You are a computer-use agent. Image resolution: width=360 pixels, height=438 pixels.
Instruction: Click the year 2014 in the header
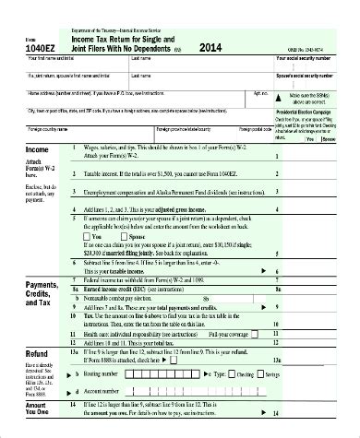211,47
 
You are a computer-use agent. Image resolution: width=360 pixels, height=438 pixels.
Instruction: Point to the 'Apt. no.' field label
259,93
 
